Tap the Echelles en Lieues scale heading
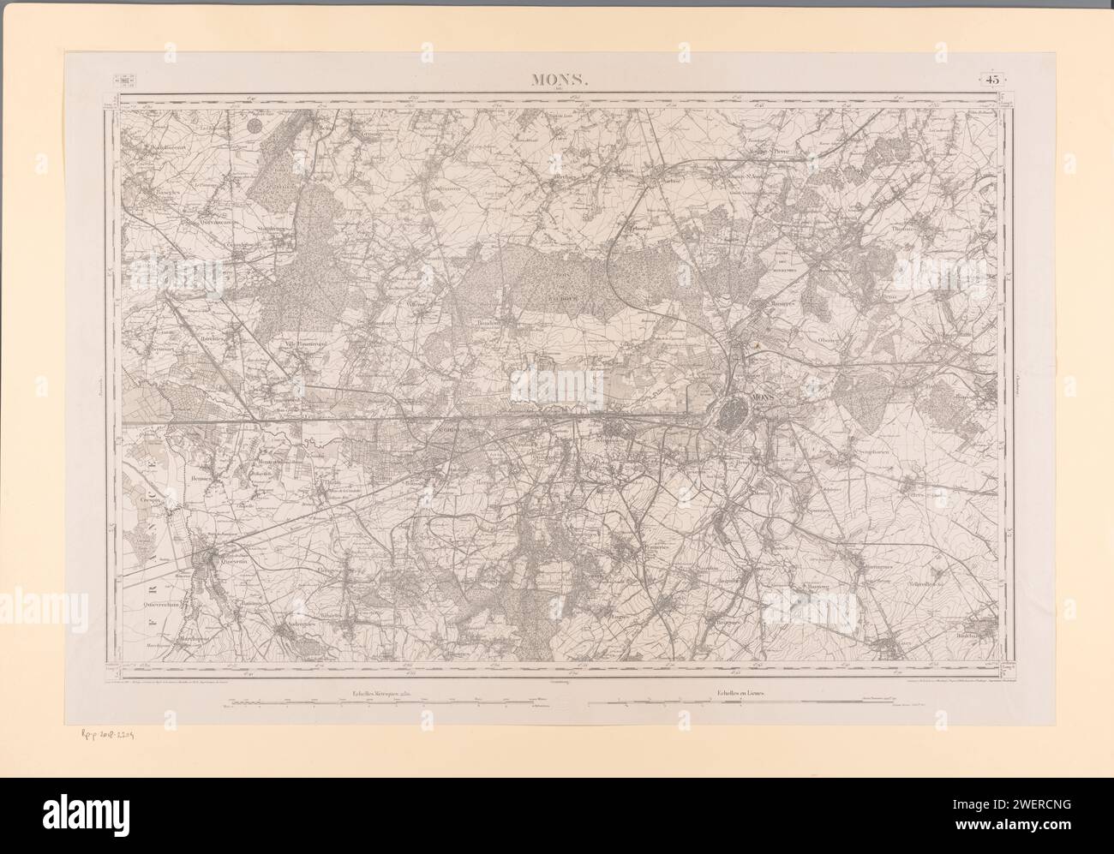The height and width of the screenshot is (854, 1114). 736,692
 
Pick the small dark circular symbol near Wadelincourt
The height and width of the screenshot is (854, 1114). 255,126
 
